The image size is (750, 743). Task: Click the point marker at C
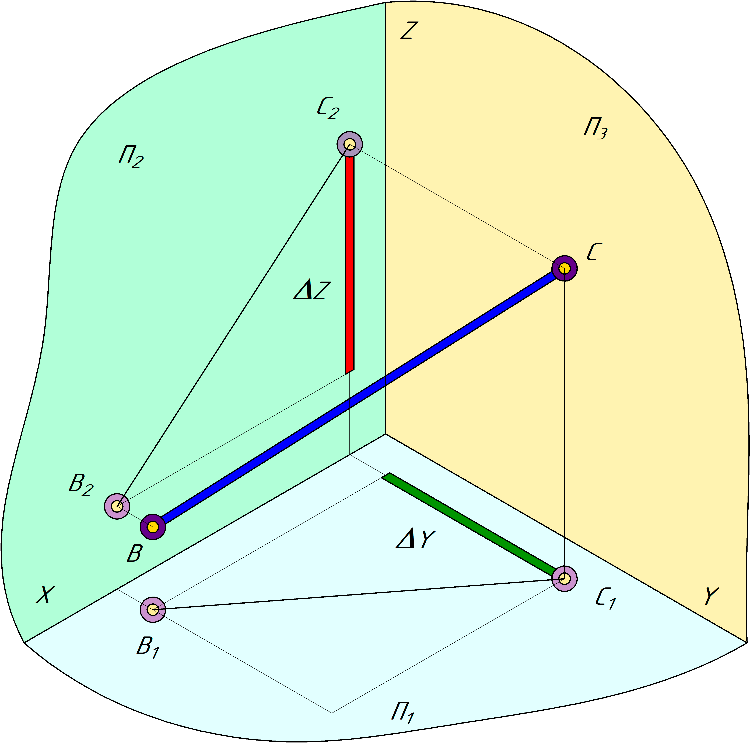click(x=565, y=268)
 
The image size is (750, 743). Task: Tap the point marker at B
click(x=153, y=527)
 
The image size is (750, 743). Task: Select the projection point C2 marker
click(x=350, y=145)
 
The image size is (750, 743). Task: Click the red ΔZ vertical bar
click(x=350, y=264)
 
